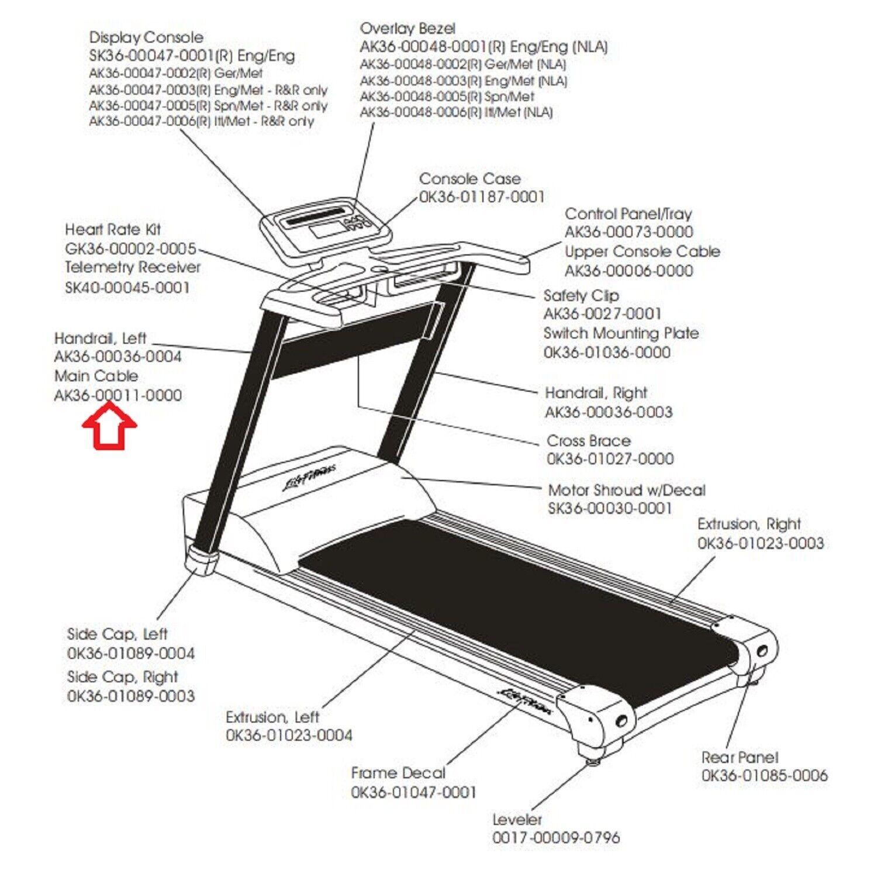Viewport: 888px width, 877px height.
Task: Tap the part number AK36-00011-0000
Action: (x=118, y=395)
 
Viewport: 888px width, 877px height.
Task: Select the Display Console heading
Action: (x=146, y=37)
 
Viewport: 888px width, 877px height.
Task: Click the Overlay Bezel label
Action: (x=407, y=28)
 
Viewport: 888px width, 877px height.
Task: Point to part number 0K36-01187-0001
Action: (x=482, y=196)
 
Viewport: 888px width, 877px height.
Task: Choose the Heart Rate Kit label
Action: (x=113, y=229)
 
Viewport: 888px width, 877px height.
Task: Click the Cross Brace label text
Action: (x=589, y=440)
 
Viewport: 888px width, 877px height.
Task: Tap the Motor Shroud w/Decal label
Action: (x=627, y=489)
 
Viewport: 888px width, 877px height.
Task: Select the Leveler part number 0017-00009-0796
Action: (x=556, y=837)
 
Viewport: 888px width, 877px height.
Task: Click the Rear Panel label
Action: (x=740, y=757)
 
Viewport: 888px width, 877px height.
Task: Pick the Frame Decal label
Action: (x=398, y=773)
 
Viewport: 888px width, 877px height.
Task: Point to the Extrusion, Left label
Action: (x=272, y=717)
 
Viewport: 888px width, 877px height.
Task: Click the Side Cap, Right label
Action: (x=123, y=676)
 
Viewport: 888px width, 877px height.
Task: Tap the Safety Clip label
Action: (x=581, y=295)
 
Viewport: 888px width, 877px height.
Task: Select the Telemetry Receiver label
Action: (x=133, y=267)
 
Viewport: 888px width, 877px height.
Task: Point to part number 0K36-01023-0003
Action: (x=761, y=543)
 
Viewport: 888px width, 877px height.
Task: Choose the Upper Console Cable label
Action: (x=642, y=251)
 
